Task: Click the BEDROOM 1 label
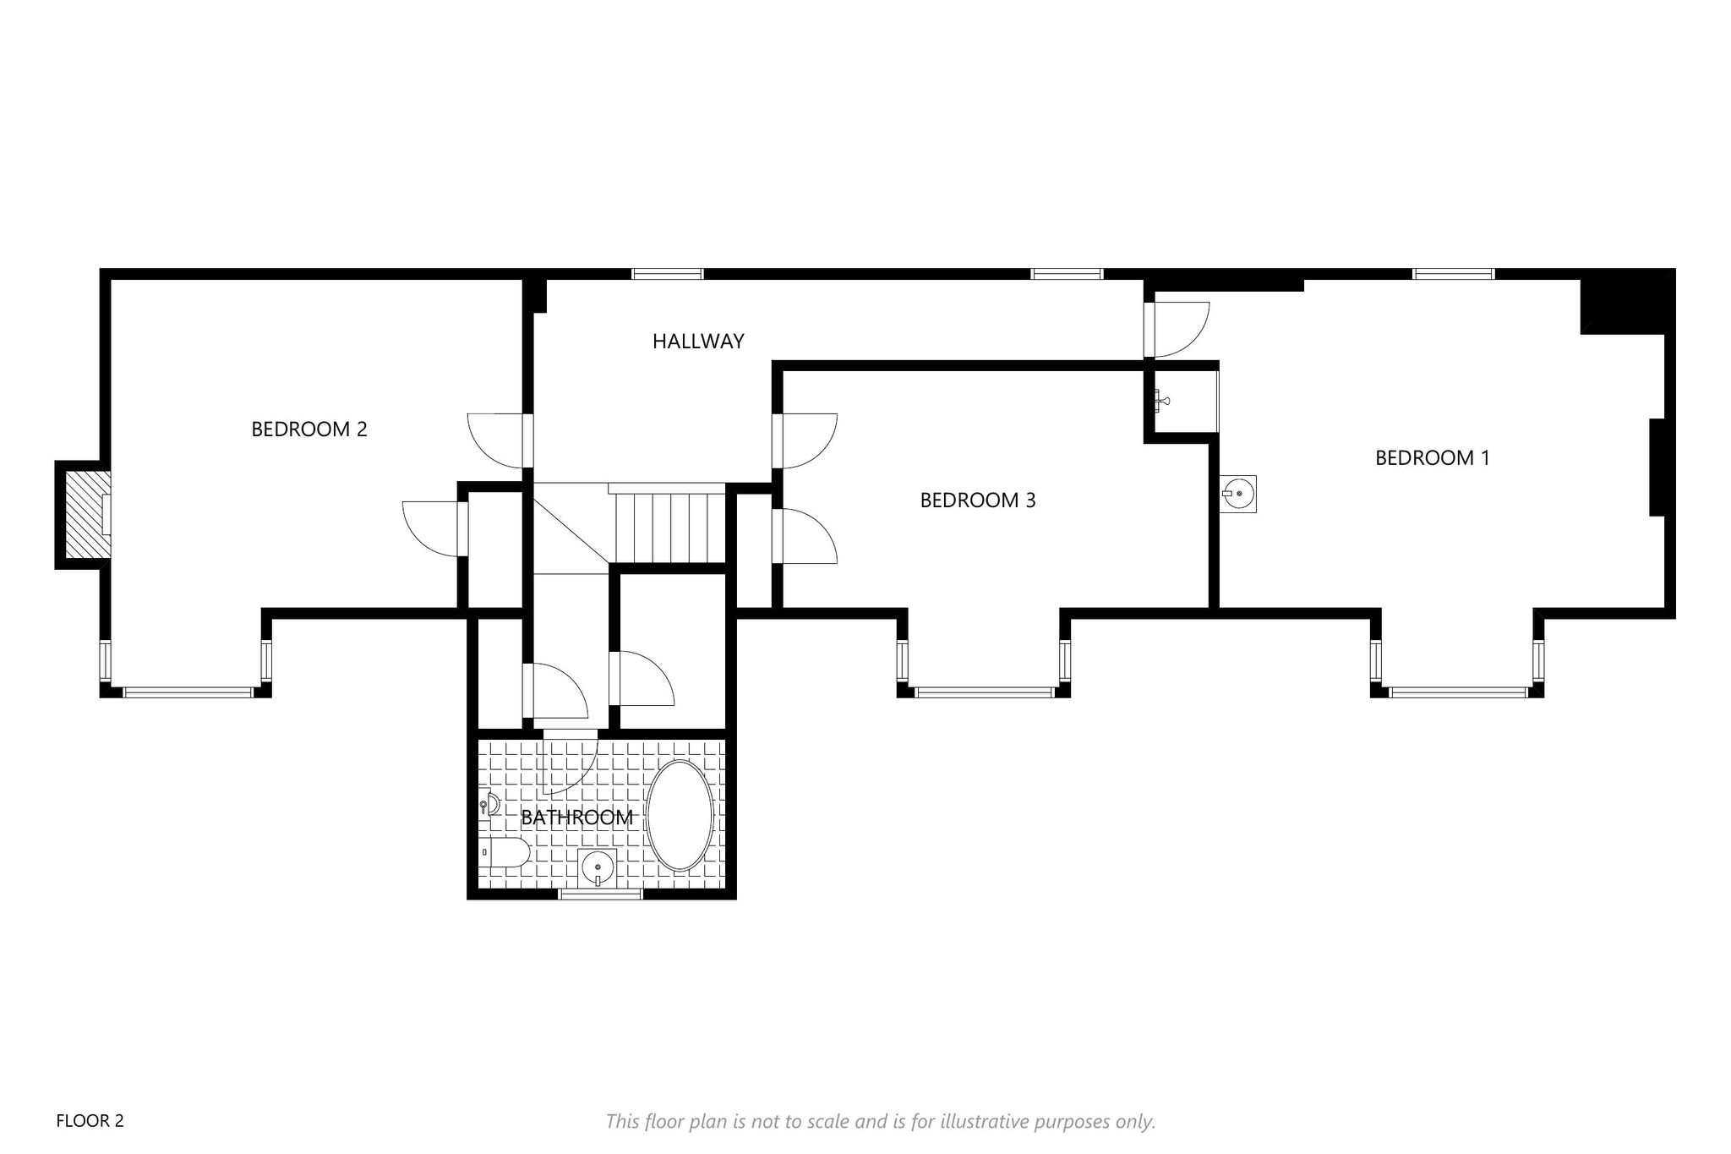pos(1432,458)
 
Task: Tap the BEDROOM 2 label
pos(309,429)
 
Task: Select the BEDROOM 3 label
pos(978,500)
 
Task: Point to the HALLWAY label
pos(698,342)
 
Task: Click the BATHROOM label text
pos(577,818)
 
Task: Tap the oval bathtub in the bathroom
pos(680,816)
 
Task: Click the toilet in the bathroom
pos(505,852)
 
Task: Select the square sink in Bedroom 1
pos(1238,494)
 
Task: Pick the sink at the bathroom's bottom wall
pos(598,868)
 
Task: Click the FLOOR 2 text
pos(90,1121)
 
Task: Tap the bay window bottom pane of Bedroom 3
pos(985,692)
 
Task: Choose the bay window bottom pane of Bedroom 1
pos(1458,692)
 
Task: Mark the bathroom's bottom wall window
pos(600,894)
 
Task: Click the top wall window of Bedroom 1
pos(1454,274)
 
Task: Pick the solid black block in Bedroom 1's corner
pos(1627,302)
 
